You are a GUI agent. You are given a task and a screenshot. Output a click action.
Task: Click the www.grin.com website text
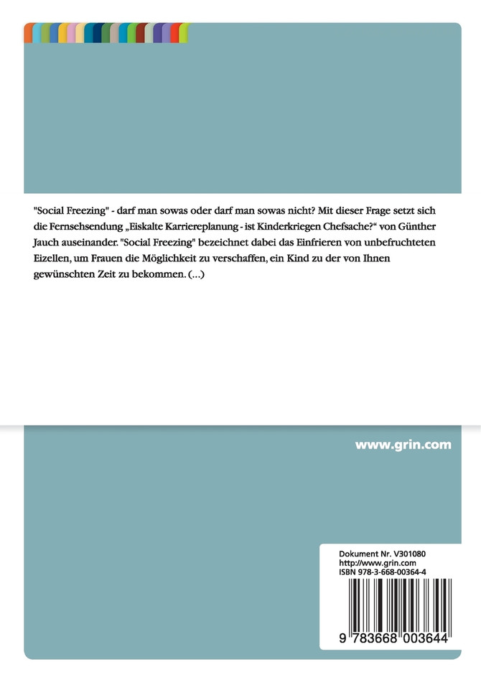coord(403,444)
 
